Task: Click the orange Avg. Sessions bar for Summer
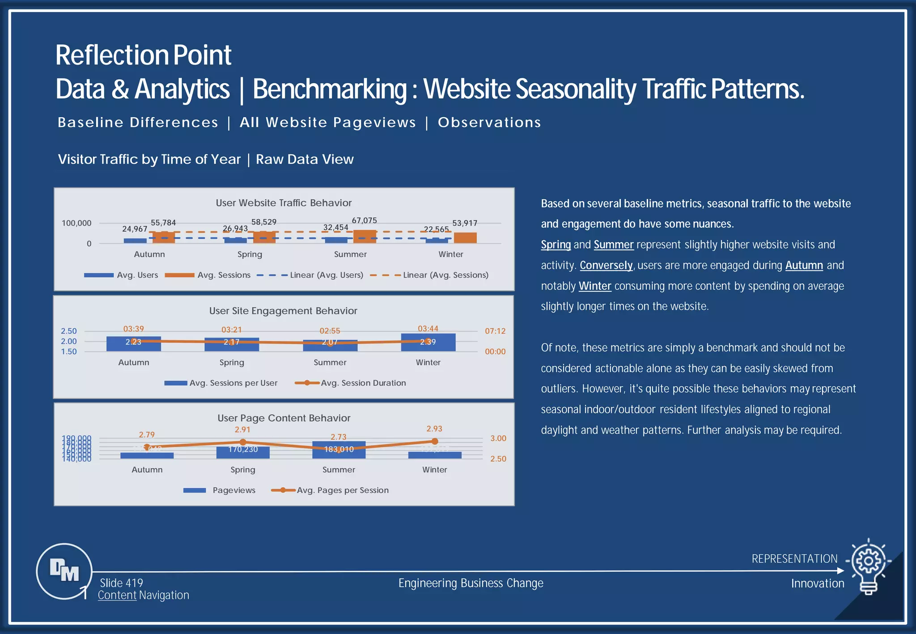(365, 237)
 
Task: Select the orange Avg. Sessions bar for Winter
(465, 238)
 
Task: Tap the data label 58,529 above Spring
(264, 222)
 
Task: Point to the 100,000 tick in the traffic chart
(76, 223)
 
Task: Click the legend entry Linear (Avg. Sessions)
(445, 275)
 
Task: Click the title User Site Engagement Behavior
(283, 311)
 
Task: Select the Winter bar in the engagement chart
(428, 342)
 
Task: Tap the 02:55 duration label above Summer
(330, 331)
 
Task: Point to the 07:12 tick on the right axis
(495, 331)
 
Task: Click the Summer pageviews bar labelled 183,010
(339, 450)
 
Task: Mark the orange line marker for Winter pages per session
(434, 441)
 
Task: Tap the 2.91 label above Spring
(242, 430)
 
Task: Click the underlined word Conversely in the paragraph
(606, 265)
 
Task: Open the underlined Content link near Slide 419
(117, 595)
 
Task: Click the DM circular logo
(64, 571)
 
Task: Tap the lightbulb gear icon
(868, 566)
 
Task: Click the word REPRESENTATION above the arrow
(794, 559)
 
